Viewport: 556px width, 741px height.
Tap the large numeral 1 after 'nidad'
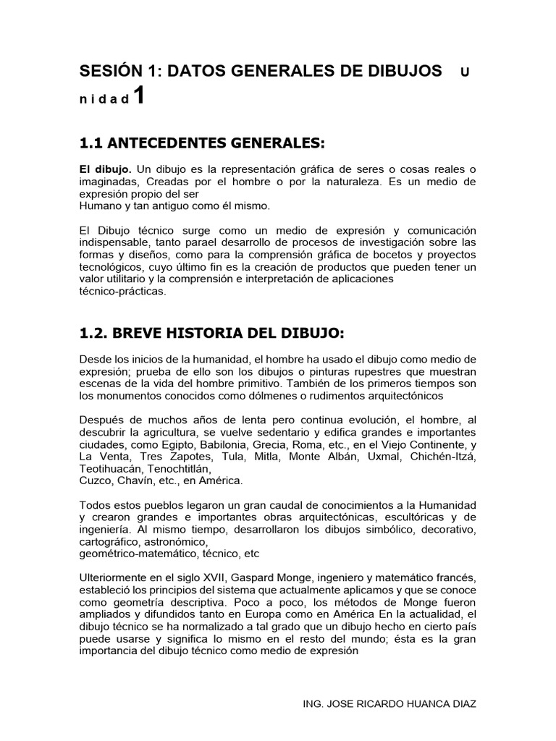pyautogui.click(x=139, y=96)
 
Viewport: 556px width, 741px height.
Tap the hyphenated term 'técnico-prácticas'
pyautogui.click(x=122, y=292)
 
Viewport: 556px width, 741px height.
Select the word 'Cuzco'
pyautogui.click(x=95, y=480)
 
